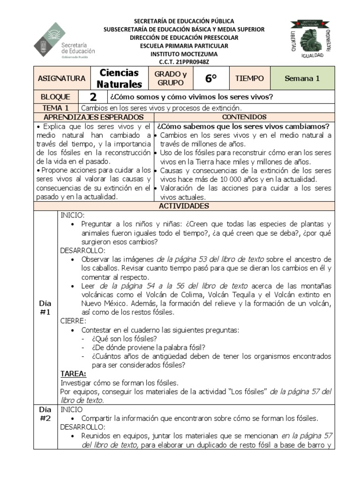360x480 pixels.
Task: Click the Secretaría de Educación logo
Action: point(64,41)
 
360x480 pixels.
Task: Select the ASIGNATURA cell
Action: point(61,78)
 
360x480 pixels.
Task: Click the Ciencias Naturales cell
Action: point(119,78)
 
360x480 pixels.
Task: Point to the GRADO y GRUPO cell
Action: point(171,78)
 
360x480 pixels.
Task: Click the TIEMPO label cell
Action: point(249,78)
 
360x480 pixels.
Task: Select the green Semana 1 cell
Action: point(302,78)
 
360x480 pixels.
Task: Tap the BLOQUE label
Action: point(56,97)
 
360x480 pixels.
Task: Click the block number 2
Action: point(93,97)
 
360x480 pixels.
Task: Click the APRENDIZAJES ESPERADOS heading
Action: point(94,117)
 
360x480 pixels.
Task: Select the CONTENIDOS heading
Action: point(244,117)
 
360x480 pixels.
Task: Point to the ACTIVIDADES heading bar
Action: point(184,206)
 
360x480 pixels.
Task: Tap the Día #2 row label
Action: point(45,414)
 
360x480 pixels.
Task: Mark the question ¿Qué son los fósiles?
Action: point(124,338)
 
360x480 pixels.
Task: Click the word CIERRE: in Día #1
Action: point(73,321)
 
